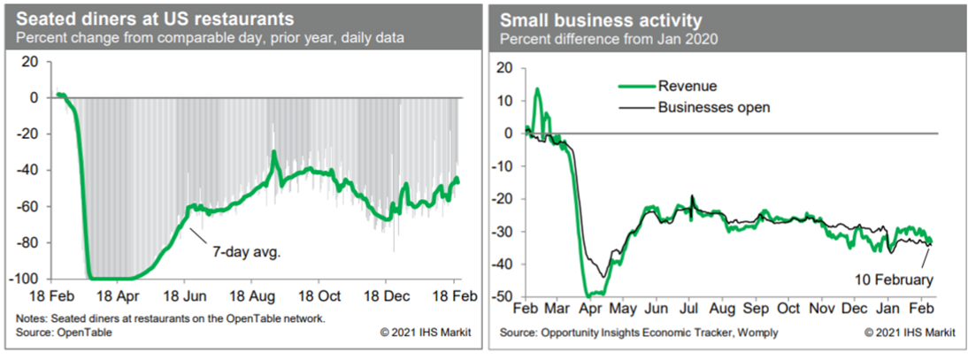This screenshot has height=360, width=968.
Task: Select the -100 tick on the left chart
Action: [x=26, y=280]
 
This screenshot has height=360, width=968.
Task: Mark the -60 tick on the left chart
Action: [x=28, y=207]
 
